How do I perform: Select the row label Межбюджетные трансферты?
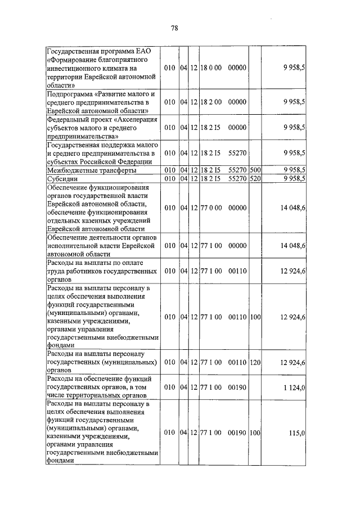(91, 170)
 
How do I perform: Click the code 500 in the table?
(255, 170)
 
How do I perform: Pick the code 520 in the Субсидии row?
(255, 178)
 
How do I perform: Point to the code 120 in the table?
(255, 363)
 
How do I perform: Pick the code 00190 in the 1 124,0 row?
(238, 388)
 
